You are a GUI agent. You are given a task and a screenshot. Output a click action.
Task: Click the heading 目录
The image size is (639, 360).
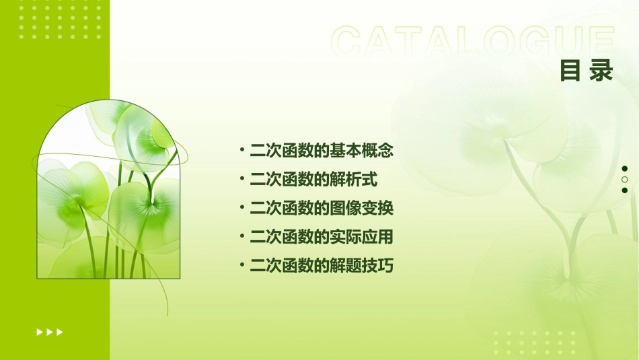click(587, 71)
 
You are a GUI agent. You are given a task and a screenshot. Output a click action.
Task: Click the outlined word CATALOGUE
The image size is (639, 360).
click(472, 42)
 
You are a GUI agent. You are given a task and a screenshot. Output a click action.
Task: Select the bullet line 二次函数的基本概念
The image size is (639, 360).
click(321, 151)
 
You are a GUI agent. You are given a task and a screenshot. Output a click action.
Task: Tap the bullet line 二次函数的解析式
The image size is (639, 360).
click(313, 180)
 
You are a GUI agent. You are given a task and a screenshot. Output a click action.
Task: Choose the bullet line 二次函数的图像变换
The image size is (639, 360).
click(321, 209)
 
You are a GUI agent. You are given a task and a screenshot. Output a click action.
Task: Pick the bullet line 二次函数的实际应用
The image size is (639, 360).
click(321, 238)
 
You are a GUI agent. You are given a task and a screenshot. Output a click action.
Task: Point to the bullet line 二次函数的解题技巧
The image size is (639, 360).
click(321, 266)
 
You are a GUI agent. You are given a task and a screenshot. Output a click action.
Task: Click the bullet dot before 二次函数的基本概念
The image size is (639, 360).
click(241, 150)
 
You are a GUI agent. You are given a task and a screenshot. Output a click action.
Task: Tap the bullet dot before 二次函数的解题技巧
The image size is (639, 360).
click(241, 266)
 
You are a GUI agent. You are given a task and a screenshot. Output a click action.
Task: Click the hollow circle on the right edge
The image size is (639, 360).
click(625, 180)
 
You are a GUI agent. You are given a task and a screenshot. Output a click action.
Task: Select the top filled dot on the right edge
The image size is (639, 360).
click(625, 169)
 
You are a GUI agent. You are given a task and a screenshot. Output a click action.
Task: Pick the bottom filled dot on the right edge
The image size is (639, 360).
click(625, 190)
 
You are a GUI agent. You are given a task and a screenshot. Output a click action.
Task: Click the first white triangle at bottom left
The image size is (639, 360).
click(40, 332)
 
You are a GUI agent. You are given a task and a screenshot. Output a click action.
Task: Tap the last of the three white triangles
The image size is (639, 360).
click(60, 332)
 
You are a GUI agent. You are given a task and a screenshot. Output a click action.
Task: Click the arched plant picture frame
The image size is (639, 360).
click(108, 192)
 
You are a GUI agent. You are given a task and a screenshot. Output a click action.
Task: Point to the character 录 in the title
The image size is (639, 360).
click(601, 71)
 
